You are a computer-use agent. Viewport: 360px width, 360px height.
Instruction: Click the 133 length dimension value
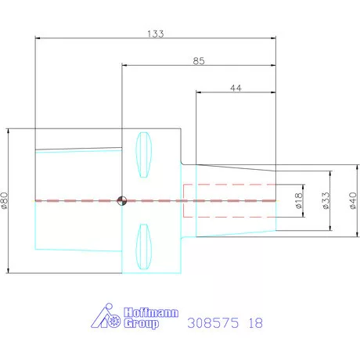pos(156,34)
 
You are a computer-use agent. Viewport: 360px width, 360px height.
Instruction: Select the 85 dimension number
pos(199,61)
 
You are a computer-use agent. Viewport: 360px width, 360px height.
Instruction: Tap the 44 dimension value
pos(236,88)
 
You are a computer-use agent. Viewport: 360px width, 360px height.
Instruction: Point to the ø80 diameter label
pos(5,200)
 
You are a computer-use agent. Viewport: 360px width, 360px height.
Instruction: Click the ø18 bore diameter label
pos(299,200)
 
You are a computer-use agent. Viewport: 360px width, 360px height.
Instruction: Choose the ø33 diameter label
pos(326,200)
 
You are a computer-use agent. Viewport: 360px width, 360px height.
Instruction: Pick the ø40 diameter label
pos(353,200)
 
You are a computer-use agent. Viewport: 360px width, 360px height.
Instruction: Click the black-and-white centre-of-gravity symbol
pos(121,201)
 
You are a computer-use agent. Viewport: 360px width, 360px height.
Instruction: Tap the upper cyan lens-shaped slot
pos(143,155)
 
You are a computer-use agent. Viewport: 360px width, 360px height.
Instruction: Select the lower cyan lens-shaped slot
pos(143,247)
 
